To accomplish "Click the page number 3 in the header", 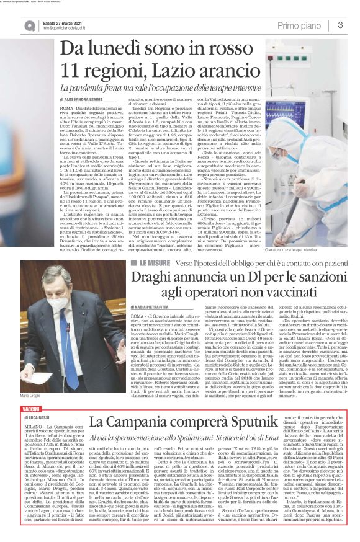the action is [x=341, y=25].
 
